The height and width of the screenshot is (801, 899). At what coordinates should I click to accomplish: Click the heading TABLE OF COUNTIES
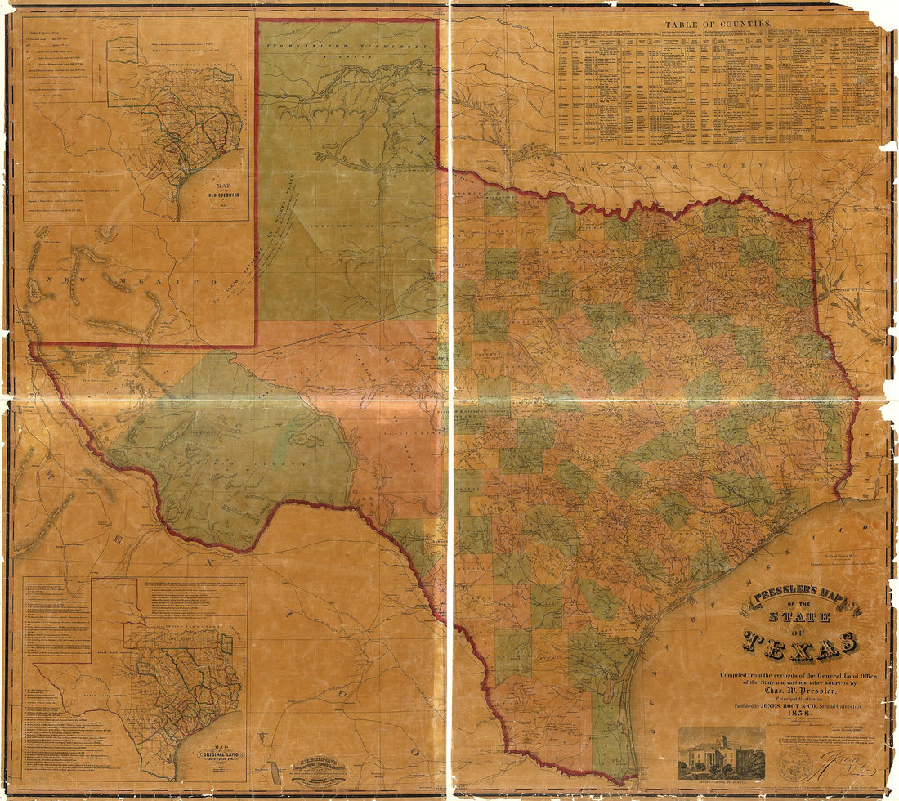(717, 25)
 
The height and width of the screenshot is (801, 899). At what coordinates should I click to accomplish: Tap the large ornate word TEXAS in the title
(801, 645)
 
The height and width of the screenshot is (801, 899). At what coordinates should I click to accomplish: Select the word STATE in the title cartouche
(801, 617)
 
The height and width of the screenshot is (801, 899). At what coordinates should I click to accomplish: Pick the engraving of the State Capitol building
(722, 753)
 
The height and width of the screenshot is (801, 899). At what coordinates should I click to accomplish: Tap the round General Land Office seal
(794, 763)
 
